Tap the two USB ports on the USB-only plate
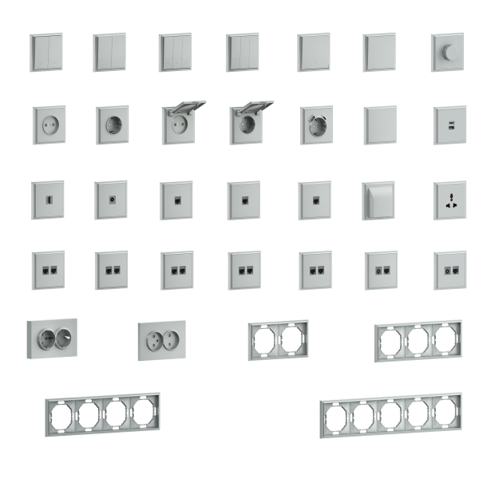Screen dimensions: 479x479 (449, 124)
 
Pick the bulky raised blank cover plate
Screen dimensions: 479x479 (378, 199)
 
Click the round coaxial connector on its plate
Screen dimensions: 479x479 (110, 194)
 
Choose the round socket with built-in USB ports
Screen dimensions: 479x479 (315, 124)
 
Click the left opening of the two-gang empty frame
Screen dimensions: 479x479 (264, 339)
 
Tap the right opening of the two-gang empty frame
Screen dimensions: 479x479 (292, 338)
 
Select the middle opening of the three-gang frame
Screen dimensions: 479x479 (418, 341)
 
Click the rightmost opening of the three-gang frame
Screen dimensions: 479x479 (445, 338)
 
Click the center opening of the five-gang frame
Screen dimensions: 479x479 (390, 415)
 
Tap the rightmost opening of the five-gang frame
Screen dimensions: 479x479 (444, 411)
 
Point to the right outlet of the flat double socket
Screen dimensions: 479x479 (173, 338)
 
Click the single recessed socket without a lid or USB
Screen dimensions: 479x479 (112, 125)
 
